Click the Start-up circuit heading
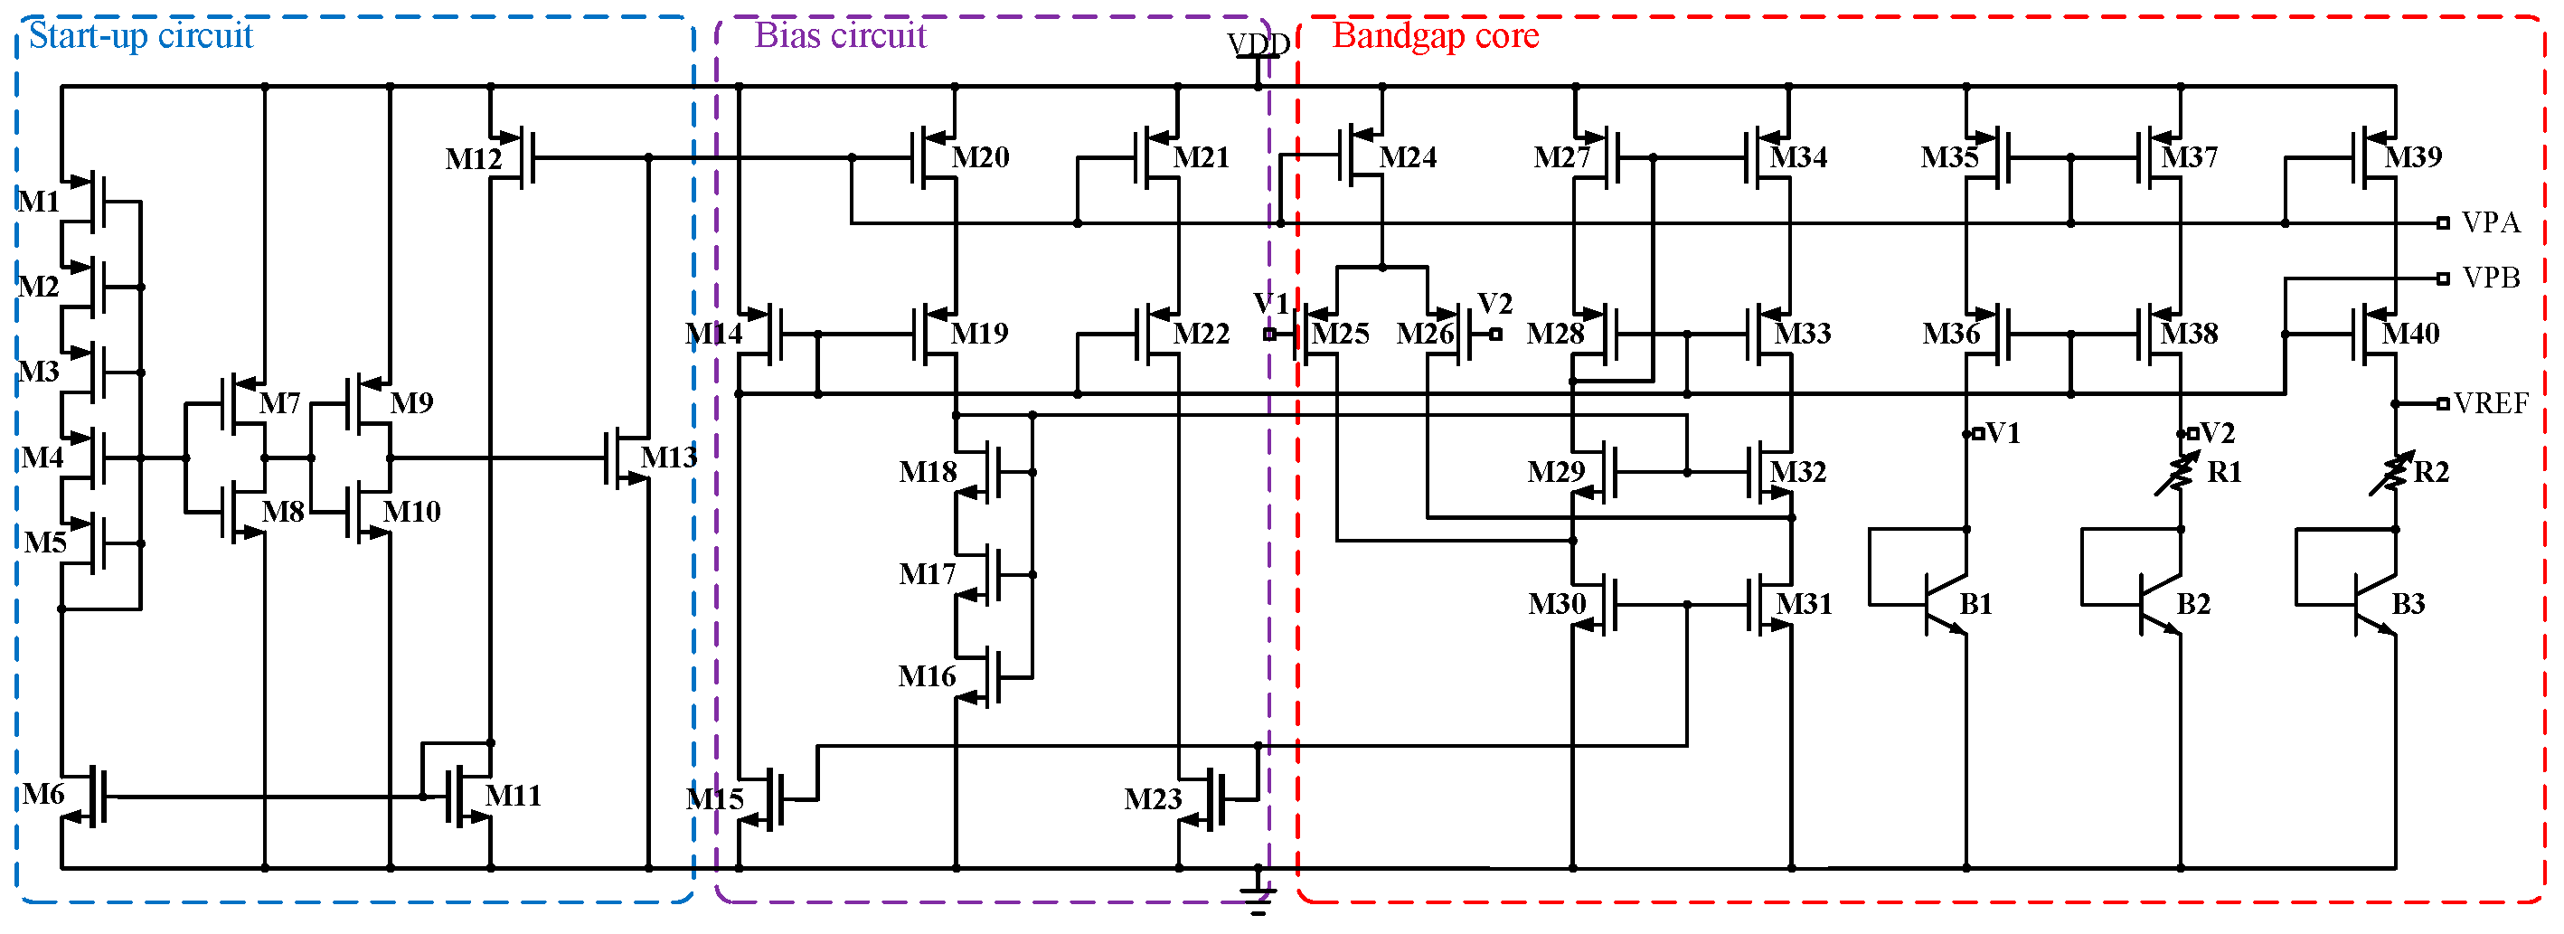(140, 36)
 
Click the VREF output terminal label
(2491, 403)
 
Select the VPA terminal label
(2491, 222)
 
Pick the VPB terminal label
(2491, 278)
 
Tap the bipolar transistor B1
(1941, 603)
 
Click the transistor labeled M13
(627, 458)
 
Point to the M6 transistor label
(43, 794)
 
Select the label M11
(513, 795)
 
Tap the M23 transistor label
(1153, 798)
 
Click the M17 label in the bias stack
(927, 573)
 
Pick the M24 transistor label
(1408, 157)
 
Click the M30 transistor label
(1557, 603)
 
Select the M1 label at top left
(40, 201)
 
